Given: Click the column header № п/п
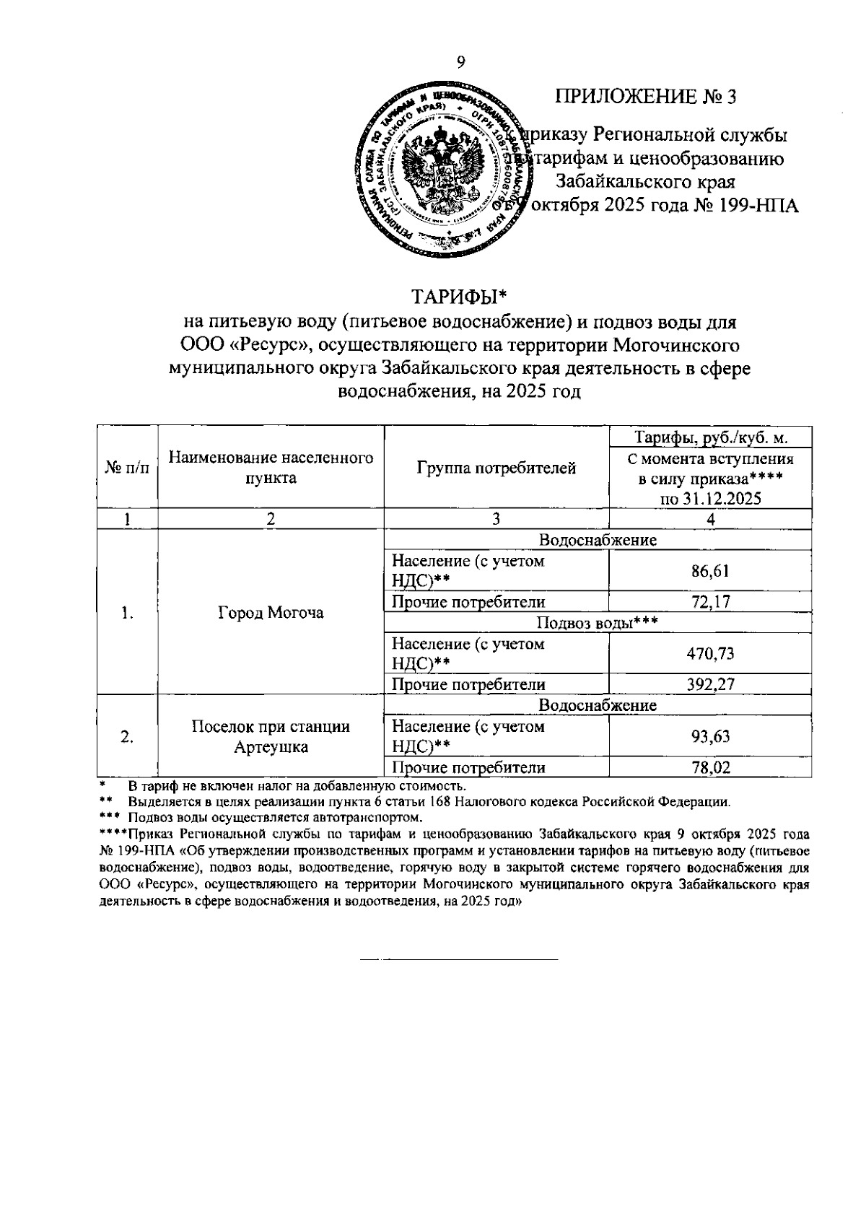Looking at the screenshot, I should tap(128, 468).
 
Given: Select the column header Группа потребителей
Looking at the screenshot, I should tap(497, 468).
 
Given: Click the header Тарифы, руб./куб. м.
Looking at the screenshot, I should tap(710, 437).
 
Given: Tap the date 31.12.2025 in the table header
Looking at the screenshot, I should tap(711, 499).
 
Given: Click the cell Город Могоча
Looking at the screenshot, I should tap(271, 613).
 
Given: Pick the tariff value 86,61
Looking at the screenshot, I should tap(710, 572).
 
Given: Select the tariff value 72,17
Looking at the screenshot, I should tap(710, 602).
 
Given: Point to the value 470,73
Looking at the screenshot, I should tap(710, 654).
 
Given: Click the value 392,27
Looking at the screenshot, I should tap(710, 684).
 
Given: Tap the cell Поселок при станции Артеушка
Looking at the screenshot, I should tap(271, 737).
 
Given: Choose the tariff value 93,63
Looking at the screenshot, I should tap(710, 736).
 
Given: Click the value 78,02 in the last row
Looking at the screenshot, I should tap(710, 768).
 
